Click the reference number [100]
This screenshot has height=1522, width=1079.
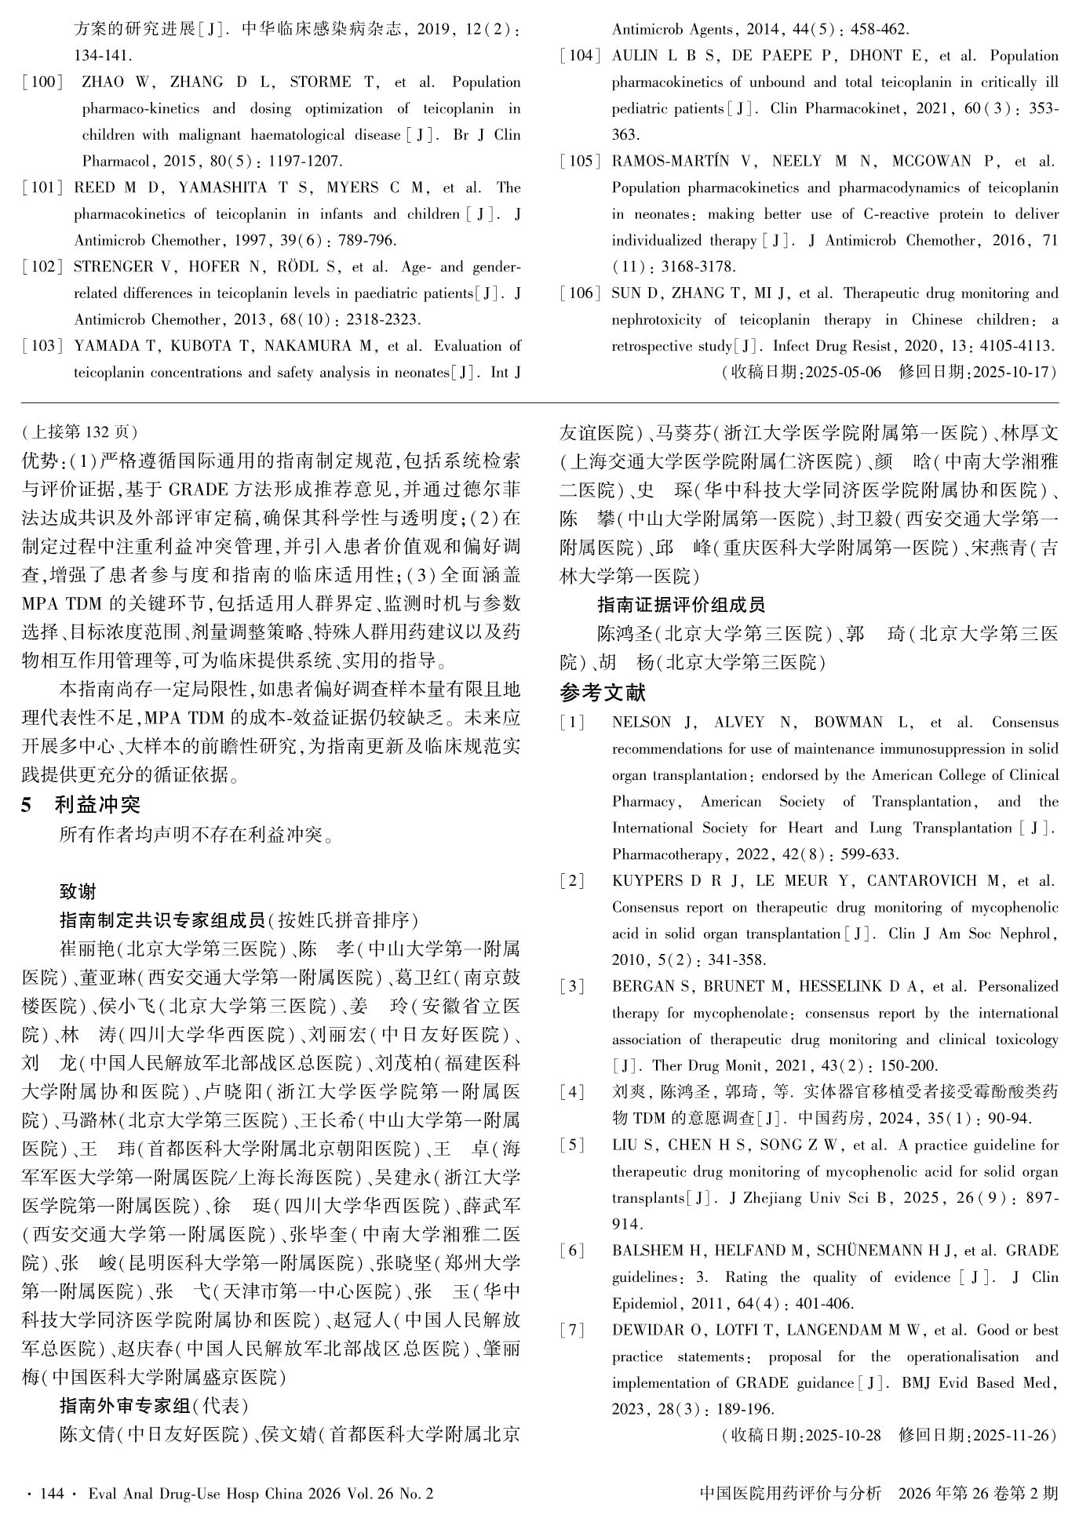point(42,82)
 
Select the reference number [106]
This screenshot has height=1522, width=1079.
point(580,293)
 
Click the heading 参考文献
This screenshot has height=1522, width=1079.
point(603,692)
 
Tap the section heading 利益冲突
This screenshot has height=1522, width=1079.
point(97,804)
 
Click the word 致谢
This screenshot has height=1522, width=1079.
point(78,891)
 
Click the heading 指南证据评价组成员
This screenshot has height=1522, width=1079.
point(680,604)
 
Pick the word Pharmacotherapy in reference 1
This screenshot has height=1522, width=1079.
point(656,854)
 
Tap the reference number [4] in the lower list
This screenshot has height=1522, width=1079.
point(572,1091)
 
